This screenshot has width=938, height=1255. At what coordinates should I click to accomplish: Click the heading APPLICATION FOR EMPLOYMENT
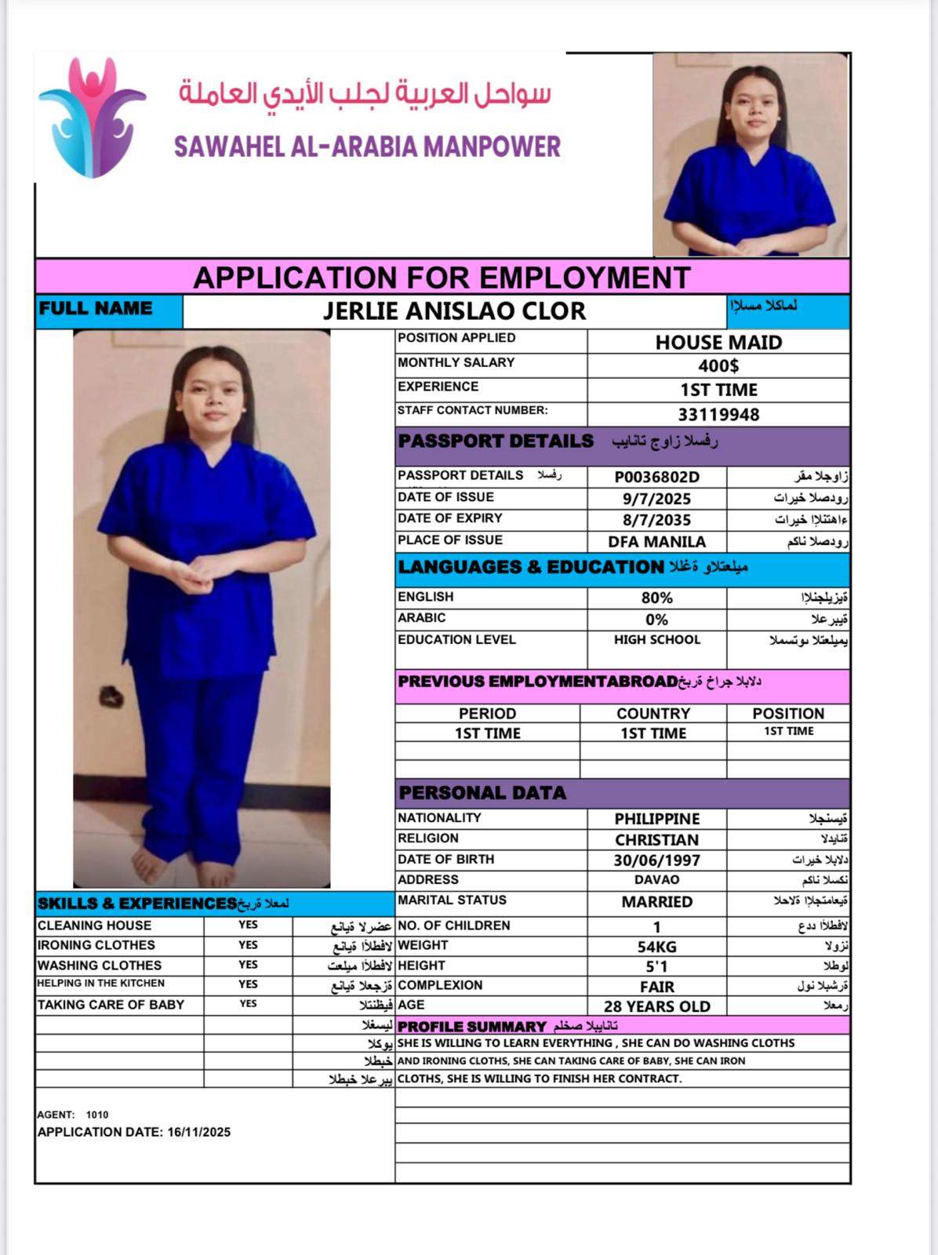442,278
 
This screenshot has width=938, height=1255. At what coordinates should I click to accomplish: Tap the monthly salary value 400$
718,366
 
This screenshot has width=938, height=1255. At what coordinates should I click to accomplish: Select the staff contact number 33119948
718,414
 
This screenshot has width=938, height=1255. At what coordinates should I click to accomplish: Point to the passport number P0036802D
656,477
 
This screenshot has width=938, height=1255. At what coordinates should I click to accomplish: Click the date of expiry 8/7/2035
656,520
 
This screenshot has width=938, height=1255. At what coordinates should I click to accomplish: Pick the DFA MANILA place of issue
656,541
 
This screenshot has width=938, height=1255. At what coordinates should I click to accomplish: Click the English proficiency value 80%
656,598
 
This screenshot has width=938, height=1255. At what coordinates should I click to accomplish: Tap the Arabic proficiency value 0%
656,620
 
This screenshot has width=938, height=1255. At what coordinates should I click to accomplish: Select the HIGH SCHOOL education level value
656,640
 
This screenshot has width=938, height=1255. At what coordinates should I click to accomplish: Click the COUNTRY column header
653,714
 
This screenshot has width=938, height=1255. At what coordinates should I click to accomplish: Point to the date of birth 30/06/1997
656,860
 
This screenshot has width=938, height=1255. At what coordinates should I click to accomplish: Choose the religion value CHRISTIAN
656,840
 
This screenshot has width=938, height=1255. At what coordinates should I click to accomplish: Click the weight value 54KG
656,947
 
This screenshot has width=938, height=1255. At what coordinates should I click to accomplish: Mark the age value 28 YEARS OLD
656,1006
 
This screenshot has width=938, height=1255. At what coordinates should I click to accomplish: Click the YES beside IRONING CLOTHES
248,945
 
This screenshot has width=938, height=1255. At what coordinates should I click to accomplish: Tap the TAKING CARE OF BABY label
111,1005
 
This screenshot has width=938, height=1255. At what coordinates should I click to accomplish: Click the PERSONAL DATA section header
482,793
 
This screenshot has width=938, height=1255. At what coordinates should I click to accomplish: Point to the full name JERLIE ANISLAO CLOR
454,311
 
